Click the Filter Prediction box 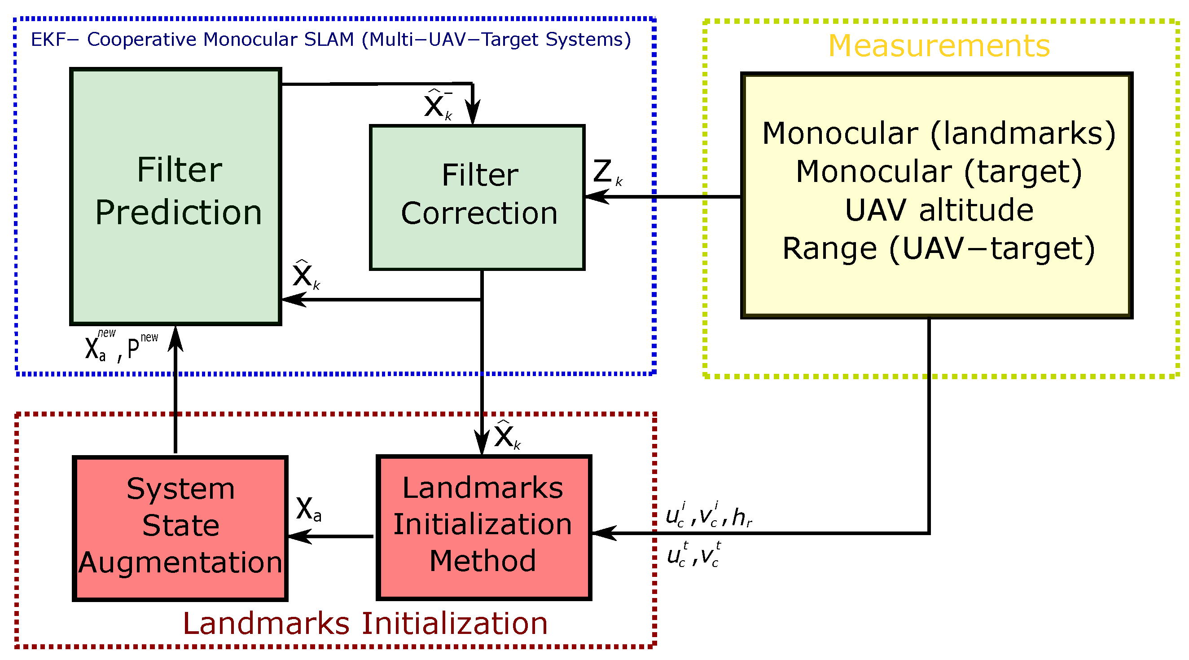point(175,196)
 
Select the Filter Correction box point(477,197)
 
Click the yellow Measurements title point(939,46)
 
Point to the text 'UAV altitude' point(939,210)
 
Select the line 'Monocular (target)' point(939,172)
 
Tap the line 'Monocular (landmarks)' point(939,133)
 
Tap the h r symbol point(742,517)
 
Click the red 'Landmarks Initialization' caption point(365,624)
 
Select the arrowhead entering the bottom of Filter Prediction point(175,340)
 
